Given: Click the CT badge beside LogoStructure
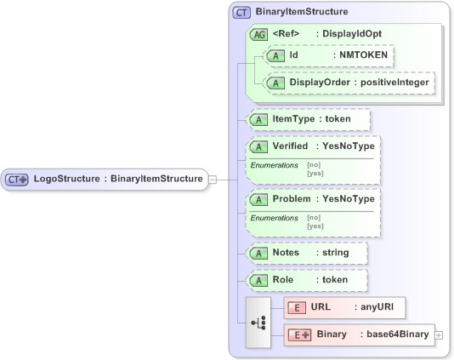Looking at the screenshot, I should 17,179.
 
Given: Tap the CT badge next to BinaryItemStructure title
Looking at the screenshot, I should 242,13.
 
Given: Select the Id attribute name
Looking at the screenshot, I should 294,55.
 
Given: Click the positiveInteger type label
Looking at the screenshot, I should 397,83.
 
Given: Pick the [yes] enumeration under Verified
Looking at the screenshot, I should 315,173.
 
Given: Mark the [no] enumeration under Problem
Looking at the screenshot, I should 314,218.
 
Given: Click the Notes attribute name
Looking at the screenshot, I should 286,254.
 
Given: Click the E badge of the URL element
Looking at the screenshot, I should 297,307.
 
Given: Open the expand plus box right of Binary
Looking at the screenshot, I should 439,334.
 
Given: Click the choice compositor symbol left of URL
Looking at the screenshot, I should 258,323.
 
